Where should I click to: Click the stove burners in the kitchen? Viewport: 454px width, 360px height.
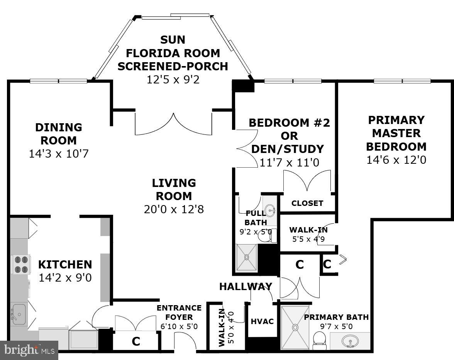(20, 264)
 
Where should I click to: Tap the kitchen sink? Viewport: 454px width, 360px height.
(18, 314)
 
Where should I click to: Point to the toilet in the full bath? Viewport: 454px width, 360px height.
(267, 236)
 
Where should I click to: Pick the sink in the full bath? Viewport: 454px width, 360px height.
(270, 210)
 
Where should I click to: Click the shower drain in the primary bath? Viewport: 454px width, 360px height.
(295, 327)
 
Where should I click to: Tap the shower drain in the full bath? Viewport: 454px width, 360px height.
(246, 257)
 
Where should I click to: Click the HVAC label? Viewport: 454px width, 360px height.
(262, 321)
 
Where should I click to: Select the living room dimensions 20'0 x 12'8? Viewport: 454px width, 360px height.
(174, 209)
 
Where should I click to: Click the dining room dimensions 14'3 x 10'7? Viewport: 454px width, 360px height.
(59, 153)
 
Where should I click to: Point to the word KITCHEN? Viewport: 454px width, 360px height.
(65, 265)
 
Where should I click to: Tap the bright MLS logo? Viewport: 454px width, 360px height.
(29, 350)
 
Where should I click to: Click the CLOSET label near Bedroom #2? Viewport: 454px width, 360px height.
(307, 203)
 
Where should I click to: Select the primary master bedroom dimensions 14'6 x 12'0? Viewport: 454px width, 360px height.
(396, 160)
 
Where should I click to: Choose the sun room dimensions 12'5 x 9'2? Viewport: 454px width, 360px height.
(173, 79)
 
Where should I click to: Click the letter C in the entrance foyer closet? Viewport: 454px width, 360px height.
(136, 341)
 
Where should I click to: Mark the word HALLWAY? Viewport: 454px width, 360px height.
(246, 287)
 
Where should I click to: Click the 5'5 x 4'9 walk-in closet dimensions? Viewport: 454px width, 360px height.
(308, 239)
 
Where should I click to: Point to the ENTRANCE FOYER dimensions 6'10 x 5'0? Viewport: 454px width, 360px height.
(179, 326)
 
